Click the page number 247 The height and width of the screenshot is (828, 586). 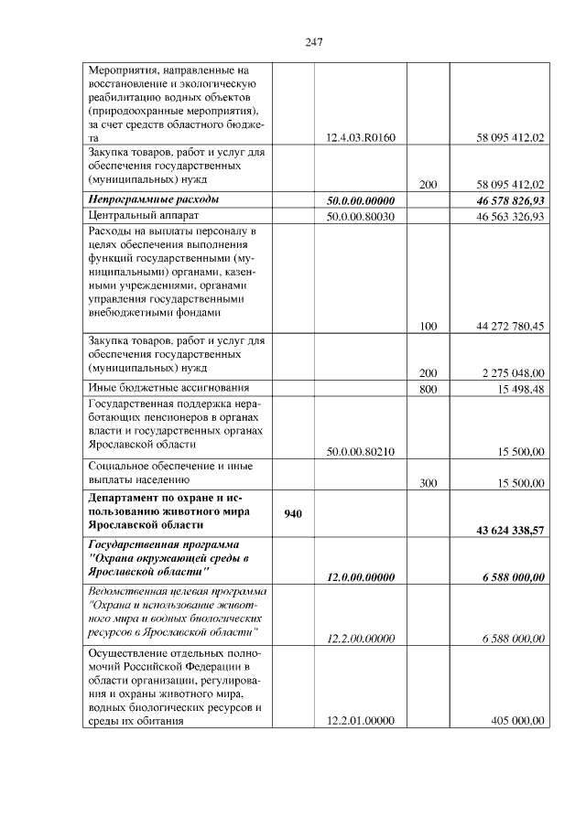pos(312,41)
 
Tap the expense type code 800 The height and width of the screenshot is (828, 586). pos(428,390)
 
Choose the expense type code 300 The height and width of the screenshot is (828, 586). pos(428,483)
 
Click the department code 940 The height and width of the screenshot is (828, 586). pos(293,514)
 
